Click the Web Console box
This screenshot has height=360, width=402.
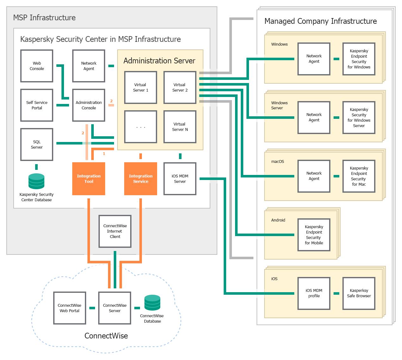pos(37,66)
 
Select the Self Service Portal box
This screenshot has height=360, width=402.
pos(37,105)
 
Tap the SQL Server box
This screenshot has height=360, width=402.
pos(37,145)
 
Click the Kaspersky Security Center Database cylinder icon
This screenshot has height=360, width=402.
pos(36,181)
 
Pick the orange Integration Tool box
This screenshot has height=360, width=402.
pos(89,179)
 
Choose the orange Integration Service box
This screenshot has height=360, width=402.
pos(141,179)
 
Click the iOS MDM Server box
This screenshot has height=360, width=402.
pos(180,179)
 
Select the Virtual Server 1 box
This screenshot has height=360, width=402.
pos(141,87)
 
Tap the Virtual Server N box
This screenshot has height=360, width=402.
pos(180,127)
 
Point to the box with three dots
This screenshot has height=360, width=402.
pos(141,127)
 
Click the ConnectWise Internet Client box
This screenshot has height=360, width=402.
pos(115,231)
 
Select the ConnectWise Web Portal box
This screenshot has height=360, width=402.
pos(70,308)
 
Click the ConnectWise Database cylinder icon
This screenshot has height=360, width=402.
pos(152,303)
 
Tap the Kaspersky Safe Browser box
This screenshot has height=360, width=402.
pos(359,293)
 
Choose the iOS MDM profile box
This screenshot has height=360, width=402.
pos(314,293)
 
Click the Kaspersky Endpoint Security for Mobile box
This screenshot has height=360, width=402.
pos(314,235)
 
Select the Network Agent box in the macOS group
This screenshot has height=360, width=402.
pos(314,176)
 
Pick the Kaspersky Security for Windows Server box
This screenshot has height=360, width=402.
pos(359,118)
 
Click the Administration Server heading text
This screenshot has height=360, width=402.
pos(159,61)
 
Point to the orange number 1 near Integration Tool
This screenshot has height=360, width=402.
pos(104,154)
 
